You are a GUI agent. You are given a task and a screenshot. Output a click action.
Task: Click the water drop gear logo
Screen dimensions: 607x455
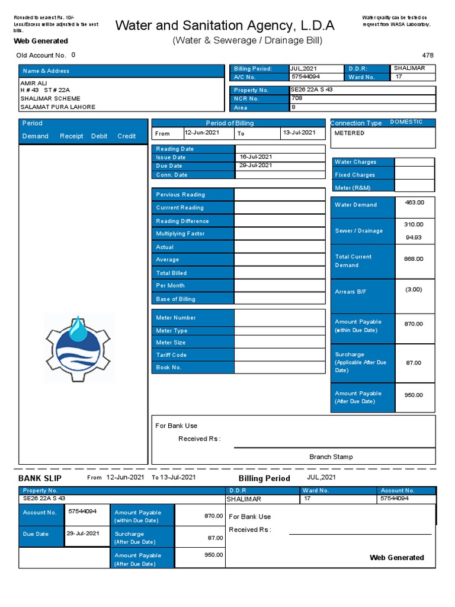click(x=79, y=348)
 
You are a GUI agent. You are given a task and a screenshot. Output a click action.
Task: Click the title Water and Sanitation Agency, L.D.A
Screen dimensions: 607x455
click(x=225, y=25)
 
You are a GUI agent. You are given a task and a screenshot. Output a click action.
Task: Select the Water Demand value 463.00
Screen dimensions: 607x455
click(x=414, y=203)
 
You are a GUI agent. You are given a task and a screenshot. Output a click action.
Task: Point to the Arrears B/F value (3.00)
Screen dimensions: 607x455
click(x=414, y=289)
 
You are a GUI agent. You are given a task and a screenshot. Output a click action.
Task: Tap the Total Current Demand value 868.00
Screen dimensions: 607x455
click(x=414, y=259)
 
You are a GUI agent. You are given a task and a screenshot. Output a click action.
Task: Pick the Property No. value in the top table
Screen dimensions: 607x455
click(x=312, y=90)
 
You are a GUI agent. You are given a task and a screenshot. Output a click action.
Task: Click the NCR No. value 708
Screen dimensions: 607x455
click(x=297, y=98)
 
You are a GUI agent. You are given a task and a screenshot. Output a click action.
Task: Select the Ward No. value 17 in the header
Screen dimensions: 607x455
click(x=399, y=77)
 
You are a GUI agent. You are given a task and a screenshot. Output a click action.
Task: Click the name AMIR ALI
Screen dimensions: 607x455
click(x=33, y=83)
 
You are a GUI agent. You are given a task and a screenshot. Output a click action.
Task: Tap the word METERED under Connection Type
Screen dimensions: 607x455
click(x=350, y=133)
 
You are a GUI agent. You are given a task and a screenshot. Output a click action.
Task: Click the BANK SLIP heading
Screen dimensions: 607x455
click(x=40, y=478)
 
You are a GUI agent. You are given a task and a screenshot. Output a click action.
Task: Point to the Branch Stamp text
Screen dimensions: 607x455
click(x=331, y=457)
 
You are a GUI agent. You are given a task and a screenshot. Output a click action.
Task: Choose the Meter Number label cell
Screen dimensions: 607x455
click(x=176, y=318)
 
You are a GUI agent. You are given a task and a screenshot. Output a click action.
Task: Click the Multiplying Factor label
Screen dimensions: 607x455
click(x=180, y=234)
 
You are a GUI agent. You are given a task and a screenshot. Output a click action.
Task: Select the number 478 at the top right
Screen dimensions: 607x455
click(x=428, y=55)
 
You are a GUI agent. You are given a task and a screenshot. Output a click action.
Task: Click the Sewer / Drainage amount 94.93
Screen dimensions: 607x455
click(x=414, y=238)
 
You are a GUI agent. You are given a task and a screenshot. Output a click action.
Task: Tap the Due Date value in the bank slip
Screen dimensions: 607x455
click(x=83, y=533)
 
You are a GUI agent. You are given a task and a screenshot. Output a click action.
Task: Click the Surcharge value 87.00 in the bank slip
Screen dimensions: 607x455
click(x=215, y=538)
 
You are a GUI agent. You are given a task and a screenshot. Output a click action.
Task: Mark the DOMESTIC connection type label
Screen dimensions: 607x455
click(x=406, y=122)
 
